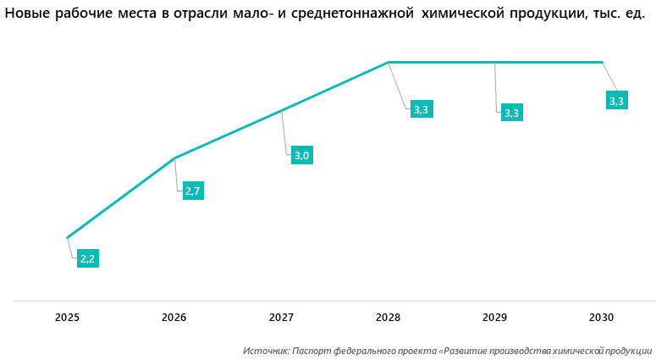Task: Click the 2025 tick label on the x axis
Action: click(67, 318)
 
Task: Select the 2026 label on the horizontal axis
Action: click(174, 318)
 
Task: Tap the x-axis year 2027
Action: click(281, 318)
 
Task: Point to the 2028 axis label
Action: click(388, 318)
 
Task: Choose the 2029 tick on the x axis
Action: click(494, 318)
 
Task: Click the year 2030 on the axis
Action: click(601, 318)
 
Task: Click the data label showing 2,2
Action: click(88, 259)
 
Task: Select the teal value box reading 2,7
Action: click(193, 191)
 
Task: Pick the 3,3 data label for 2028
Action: click(422, 108)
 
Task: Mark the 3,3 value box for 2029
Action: click(512, 113)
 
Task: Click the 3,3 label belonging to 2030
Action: click(616, 101)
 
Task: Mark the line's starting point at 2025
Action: click(67, 237)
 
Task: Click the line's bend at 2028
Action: click(388, 62)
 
